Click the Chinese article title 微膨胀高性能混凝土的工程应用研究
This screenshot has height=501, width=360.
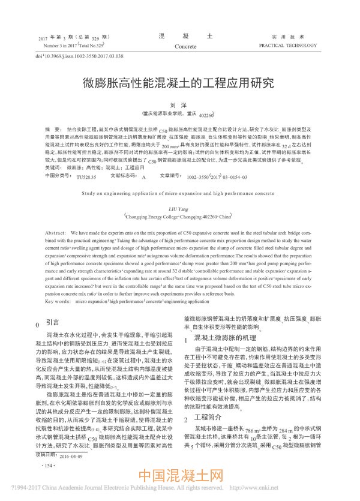tap(179, 82)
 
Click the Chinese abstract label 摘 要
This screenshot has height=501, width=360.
tap(53, 130)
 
